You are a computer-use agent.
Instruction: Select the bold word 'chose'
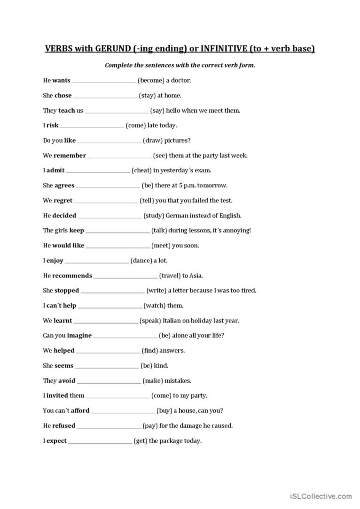pyautogui.click(x=63, y=95)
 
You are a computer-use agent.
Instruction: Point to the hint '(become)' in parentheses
pyautogui.click(x=150, y=80)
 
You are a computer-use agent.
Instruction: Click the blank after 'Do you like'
pyautogui.click(x=109, y=141)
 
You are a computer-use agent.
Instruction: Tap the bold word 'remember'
pyautogui.click(x=70, y=155)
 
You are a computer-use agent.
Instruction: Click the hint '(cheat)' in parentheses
pyautogui.click(x=141, y=170)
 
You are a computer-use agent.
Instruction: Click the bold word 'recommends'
pyautogui.click(x=72, y=276)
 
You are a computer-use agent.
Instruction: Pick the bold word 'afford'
pyautogui.click(x=80, y=411)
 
